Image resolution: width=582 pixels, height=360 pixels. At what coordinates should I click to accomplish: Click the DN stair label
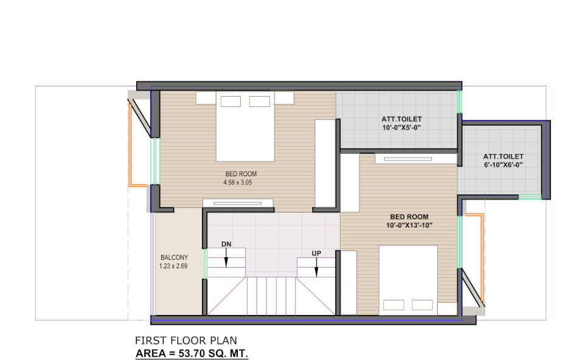tap(226, 244)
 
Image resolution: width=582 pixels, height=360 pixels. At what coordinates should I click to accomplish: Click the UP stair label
tap(316, 252)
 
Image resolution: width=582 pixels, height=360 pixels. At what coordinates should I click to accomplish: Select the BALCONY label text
tap(175, 257)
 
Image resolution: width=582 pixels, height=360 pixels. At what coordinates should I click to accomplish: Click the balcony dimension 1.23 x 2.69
tap(175, 266)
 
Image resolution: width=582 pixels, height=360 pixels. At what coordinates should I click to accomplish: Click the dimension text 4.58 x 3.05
tap(241, 182)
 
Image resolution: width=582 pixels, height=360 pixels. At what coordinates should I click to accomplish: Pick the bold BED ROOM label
tap(409, 217)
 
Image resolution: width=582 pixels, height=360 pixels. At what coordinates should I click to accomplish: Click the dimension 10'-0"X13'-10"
tap(409, 226)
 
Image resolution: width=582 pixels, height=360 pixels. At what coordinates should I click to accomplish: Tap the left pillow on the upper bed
tap(230, 101)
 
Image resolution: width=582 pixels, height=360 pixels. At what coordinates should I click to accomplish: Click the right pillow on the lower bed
tap(422, 305)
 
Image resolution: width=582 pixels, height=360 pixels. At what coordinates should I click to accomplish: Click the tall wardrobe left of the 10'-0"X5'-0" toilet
tap(325, 164)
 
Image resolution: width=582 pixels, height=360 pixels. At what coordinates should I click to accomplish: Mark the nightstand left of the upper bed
tap(206, 97)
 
